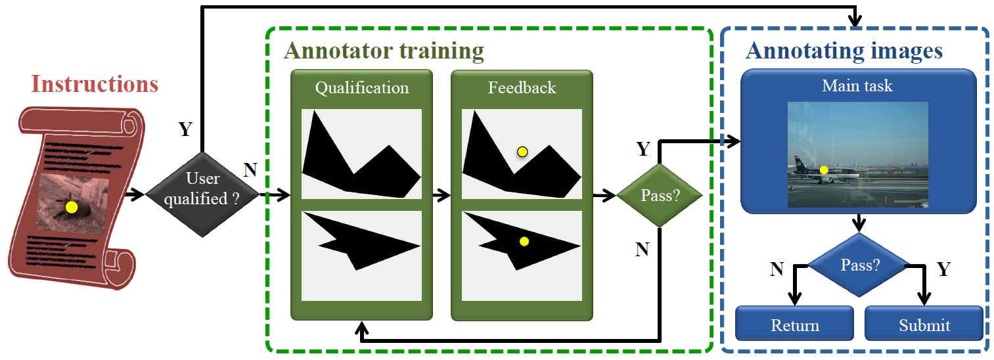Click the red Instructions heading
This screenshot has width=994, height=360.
[95, 85]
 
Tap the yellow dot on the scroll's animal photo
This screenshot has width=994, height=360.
[72, 208]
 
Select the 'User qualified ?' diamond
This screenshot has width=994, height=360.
[202, 189]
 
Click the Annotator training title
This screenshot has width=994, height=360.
[384, 51]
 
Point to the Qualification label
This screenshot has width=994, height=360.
[361, 88]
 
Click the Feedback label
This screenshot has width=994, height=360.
[522, 88]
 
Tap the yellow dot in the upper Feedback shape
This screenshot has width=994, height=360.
[522, 152]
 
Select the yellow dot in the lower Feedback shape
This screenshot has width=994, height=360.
[524, 241]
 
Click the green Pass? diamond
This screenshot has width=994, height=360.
[659, 196]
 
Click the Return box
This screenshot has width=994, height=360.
[794, 325]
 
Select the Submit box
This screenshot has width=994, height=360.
[924, 325]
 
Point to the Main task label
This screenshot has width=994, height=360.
[857, 85]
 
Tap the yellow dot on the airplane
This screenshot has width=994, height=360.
[824, 170]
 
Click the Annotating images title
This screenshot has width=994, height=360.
[844, 51]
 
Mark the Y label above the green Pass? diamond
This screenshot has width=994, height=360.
[643, 149]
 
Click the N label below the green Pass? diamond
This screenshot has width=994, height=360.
[642, 249]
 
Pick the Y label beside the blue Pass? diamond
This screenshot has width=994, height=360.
[943, 269]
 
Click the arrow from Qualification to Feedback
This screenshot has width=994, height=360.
[440, 195]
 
